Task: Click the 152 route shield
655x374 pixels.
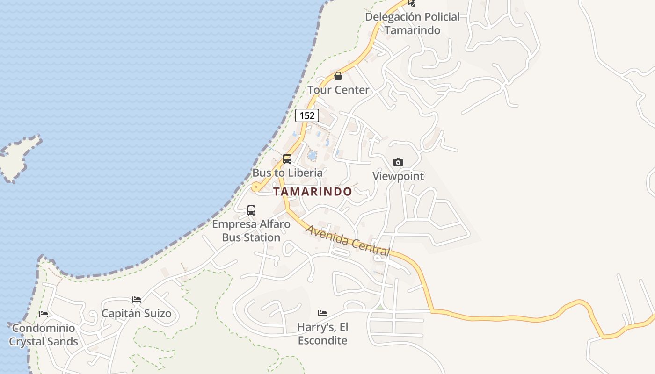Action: point(307,115)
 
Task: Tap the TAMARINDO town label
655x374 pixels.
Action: point(313,192)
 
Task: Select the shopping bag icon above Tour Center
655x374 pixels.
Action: point(338,76)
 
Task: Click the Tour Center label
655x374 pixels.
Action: point(338,90)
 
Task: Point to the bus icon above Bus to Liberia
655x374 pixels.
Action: point(287,159)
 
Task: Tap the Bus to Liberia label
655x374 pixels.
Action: point(287,173)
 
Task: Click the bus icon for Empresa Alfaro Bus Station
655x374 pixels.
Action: point(251,210)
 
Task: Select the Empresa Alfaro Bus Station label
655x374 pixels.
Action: point(251,230)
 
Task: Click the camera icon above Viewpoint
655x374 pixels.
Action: point(398,162)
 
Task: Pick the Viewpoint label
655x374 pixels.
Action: point(398,176)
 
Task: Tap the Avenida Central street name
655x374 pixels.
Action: point(348,240)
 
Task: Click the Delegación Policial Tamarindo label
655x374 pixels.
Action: point(412,23)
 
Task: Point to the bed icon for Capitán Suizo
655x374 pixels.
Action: point(137,299)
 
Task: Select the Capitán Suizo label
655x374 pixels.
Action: point(137,313)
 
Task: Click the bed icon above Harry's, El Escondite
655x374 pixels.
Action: point(322,313)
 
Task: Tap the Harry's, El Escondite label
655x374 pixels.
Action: point(322,333)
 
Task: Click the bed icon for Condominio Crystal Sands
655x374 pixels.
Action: point(44,314)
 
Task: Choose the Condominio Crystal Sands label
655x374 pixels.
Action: point(44,335)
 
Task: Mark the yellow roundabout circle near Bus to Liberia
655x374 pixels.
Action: point(255,187)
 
